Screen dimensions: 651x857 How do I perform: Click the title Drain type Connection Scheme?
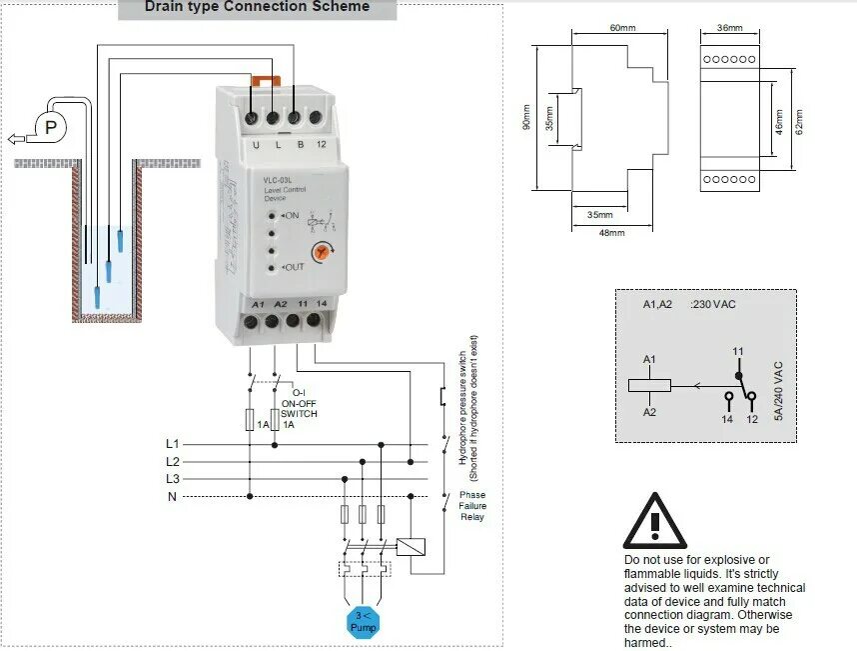[257, 8]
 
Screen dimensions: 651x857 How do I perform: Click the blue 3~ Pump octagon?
[363, 622]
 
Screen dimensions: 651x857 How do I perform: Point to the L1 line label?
[173, 443]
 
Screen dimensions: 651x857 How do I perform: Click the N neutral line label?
[173, 497]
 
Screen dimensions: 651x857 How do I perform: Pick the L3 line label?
[173, 479]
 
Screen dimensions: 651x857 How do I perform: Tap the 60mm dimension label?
[622, 28]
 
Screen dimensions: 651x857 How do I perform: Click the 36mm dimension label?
[730, 28]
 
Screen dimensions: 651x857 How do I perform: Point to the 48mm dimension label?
[610, 233]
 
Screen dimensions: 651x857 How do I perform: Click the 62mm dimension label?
[799, 121]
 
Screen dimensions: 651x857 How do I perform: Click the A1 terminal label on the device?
[258, 304]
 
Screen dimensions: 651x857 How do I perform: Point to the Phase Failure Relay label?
[472, 506]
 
